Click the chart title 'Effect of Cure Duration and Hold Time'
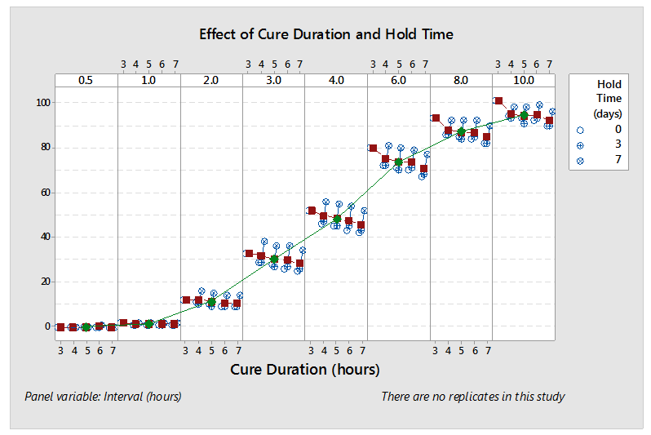tap(326, 34)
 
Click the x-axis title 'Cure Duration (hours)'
tap(305, 369)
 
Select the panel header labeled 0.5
tap(86, 80)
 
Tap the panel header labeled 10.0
tap(523, 80)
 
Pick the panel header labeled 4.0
tap(336, 80)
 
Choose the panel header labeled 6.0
tap(398, 80)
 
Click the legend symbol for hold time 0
tap(580, 130)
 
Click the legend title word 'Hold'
tap(609, 84)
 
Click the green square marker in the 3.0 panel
tap(274, 259)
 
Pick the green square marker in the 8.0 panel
tap(461, 131)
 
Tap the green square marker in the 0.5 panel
tap(86, 326)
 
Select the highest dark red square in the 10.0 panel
tap(498, 101)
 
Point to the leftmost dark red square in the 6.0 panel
tap(373, 149)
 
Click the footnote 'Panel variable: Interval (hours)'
tap(103, 397)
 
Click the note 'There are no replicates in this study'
tap(472, 397)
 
